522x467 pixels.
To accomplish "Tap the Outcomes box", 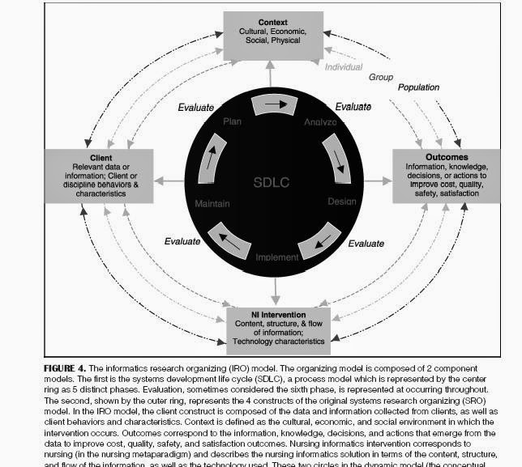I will (447, 175).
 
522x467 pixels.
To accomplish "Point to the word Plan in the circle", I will (232, 121).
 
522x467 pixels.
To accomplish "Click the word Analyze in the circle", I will (320, 122).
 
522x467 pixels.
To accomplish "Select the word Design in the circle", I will (341, 201).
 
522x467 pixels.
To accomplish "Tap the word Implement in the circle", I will (277, 257).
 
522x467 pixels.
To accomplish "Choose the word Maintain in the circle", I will (213, 204).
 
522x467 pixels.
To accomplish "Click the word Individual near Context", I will (344, 67).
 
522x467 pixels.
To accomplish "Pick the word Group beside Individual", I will (381, 77).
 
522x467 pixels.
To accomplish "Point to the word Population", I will (418, 87).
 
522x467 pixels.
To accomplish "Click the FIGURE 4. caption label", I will (65, 367).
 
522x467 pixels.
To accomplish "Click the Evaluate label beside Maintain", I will (182, 240).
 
